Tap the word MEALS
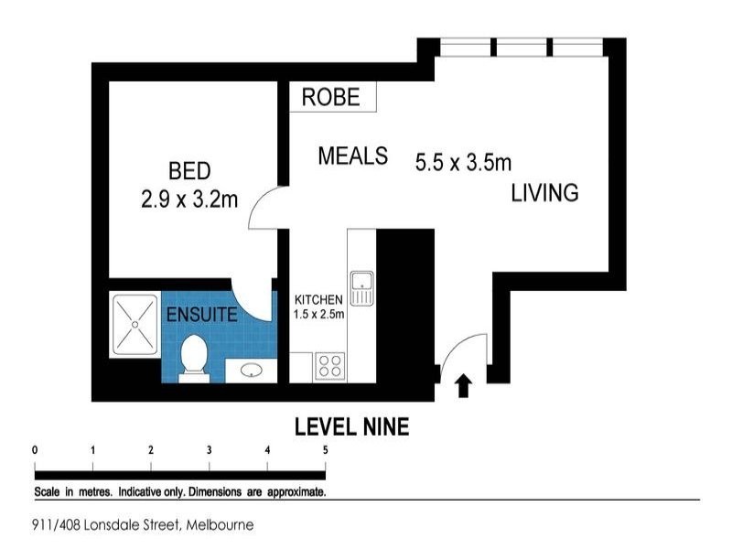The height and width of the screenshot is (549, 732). point(352,156)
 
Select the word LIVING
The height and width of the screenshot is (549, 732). point(544,193)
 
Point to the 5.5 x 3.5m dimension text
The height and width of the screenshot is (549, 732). point(462,163)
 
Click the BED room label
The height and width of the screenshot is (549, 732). point(189,170)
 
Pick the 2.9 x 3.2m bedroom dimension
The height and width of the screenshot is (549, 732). point(189,199)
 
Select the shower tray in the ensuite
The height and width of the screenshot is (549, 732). point(135,324)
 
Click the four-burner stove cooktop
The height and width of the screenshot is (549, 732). point(329,366)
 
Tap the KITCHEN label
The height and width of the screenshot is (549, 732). point(318,300)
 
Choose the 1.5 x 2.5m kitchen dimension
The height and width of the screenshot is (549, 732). point(318,315)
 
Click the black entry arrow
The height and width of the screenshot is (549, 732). point(463,386)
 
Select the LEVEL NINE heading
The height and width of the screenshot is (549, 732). point(350,426)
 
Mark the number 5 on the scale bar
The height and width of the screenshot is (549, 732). point(325,449)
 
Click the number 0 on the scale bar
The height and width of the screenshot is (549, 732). point(35,449)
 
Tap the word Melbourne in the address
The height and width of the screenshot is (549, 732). point(220,525)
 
